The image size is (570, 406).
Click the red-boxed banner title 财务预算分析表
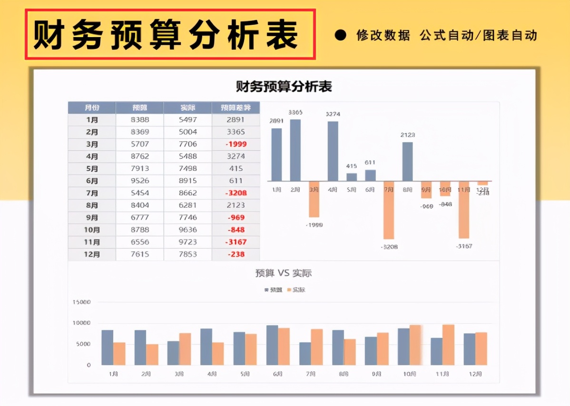170,35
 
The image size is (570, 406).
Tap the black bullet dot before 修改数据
340,35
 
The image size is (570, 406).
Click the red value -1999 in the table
236,144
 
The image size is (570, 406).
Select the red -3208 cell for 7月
236,193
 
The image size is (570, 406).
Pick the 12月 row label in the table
92,254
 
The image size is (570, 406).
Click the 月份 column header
92,107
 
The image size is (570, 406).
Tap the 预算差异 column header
236,107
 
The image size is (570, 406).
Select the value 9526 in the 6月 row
140,181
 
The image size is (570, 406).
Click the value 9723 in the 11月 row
188,242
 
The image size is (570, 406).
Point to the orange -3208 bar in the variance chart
389,210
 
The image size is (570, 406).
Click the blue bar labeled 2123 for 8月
407,162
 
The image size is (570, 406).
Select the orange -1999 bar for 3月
314,199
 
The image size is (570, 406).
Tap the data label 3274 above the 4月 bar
333,114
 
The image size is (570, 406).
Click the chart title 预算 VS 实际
284,273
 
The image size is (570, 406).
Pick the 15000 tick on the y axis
81,302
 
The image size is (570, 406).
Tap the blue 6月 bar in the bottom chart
272,345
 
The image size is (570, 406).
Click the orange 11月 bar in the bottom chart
448,345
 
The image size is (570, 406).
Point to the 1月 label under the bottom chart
113,374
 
